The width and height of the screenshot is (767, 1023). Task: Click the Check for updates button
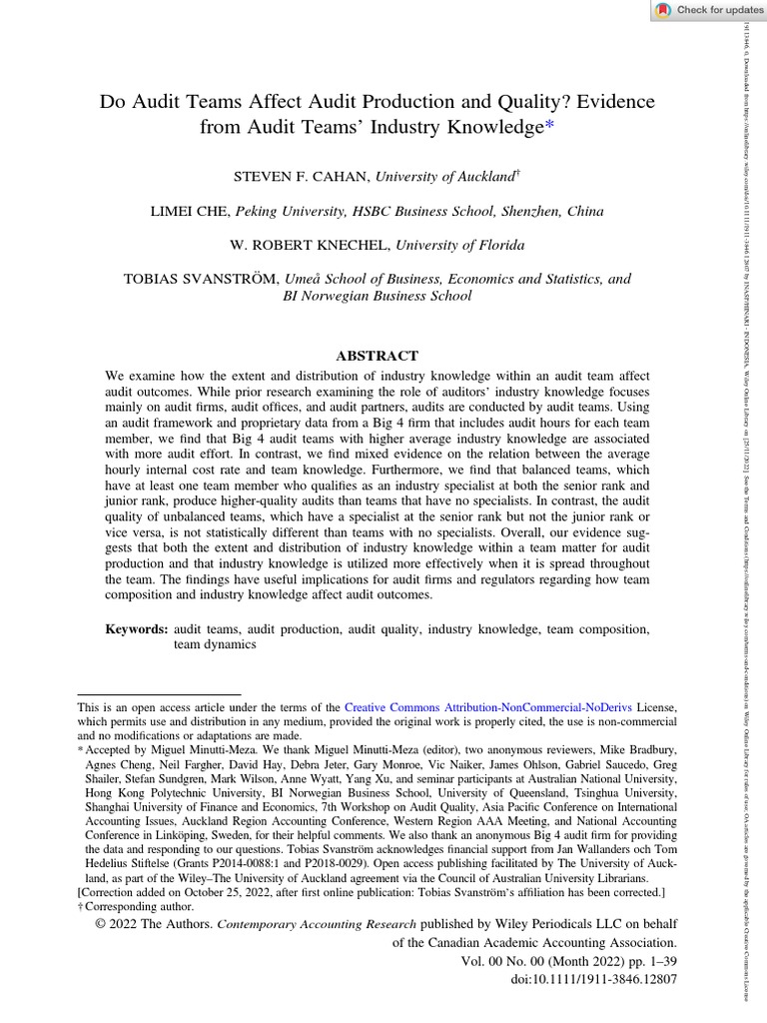point(708,10)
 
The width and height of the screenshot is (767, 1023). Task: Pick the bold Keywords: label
point(137,629)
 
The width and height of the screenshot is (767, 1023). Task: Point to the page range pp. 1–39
point(649,961)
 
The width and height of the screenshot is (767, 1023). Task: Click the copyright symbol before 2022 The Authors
point(101,924)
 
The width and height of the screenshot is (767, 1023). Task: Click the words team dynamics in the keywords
point(215,645)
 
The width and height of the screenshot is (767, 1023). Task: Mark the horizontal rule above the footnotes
point(159,693)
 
